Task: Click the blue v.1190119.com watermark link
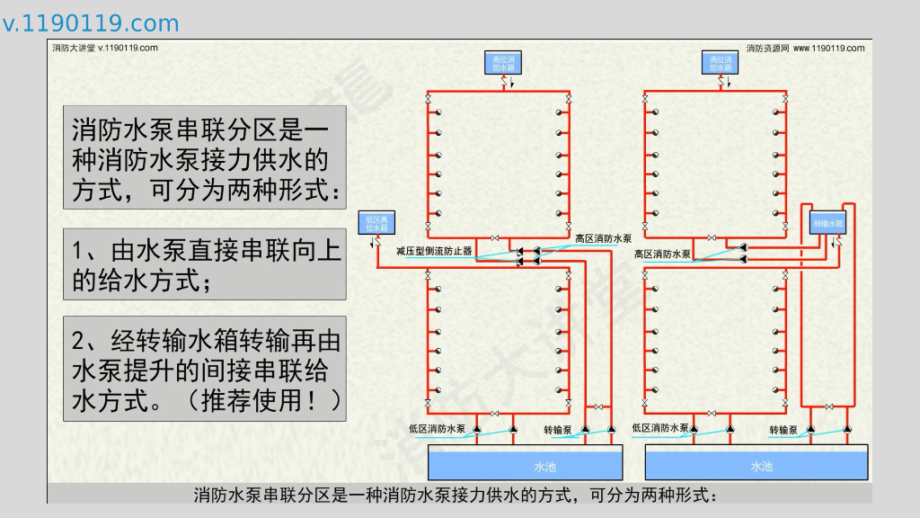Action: [91, 23]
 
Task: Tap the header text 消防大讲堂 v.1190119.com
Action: [106, 48]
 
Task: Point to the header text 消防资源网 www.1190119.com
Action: [805, 48]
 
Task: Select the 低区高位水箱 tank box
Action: [376, 224]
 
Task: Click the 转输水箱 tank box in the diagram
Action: [828, 223]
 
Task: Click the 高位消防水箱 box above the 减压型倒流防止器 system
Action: [504, 63]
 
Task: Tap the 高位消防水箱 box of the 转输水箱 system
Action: [721, 63]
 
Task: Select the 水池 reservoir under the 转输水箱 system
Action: [757, 465]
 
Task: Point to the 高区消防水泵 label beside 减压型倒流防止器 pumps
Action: [603, 238]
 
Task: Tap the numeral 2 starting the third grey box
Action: [79, 341]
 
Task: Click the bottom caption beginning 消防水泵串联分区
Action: [457, 495]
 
